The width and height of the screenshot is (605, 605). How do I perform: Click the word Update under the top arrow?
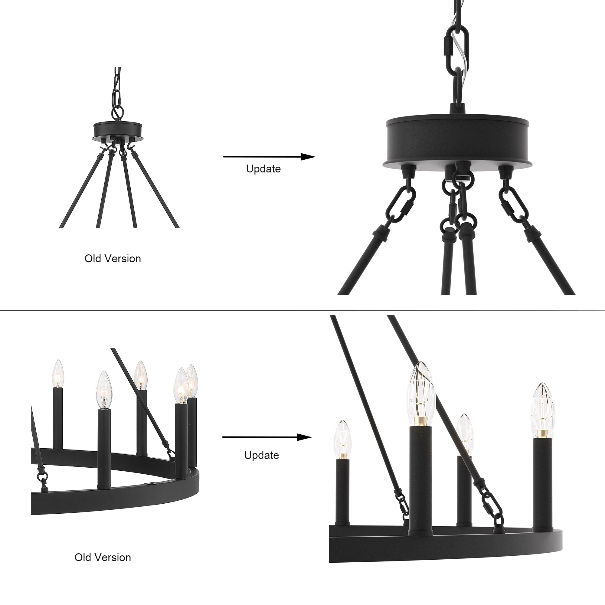[263, 169]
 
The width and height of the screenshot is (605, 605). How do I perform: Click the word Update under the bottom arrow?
[261, 455]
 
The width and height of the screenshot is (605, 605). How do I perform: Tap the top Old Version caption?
[113, 259]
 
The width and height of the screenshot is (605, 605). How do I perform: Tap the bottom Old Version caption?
[103, 558]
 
